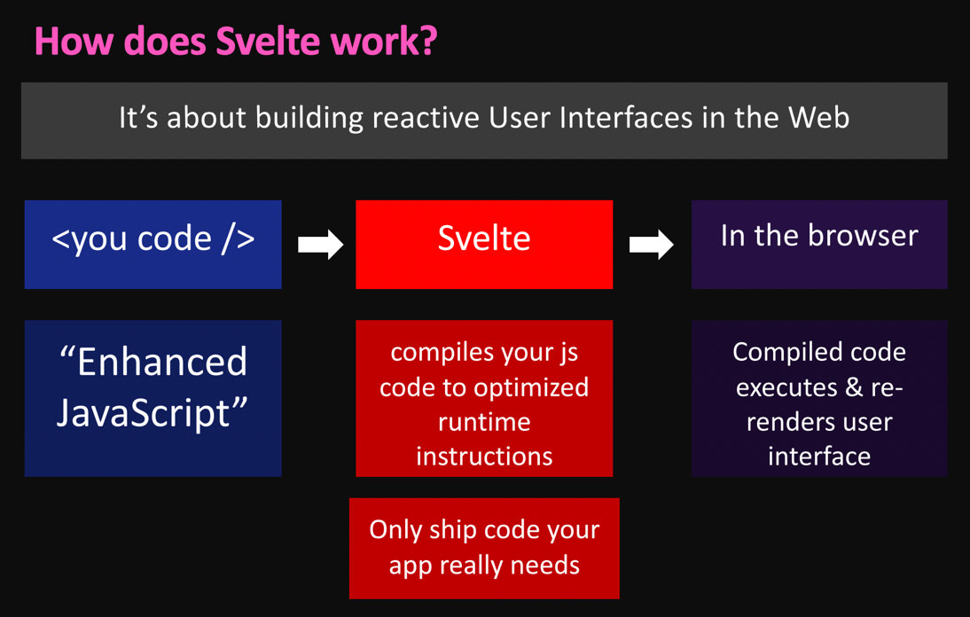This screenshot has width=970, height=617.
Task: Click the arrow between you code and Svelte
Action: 320,245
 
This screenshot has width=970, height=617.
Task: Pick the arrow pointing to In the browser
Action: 652,245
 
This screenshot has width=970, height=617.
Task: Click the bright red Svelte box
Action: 484,244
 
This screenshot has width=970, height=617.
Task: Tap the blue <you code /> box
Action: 153,244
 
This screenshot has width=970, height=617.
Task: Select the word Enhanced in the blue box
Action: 162,362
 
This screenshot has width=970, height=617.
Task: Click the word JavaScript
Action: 143,413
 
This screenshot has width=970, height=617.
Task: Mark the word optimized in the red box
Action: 531,387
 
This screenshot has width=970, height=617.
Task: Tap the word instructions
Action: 484,457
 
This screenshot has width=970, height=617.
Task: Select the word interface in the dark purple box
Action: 819,457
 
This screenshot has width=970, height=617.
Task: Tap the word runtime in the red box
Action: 484,422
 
